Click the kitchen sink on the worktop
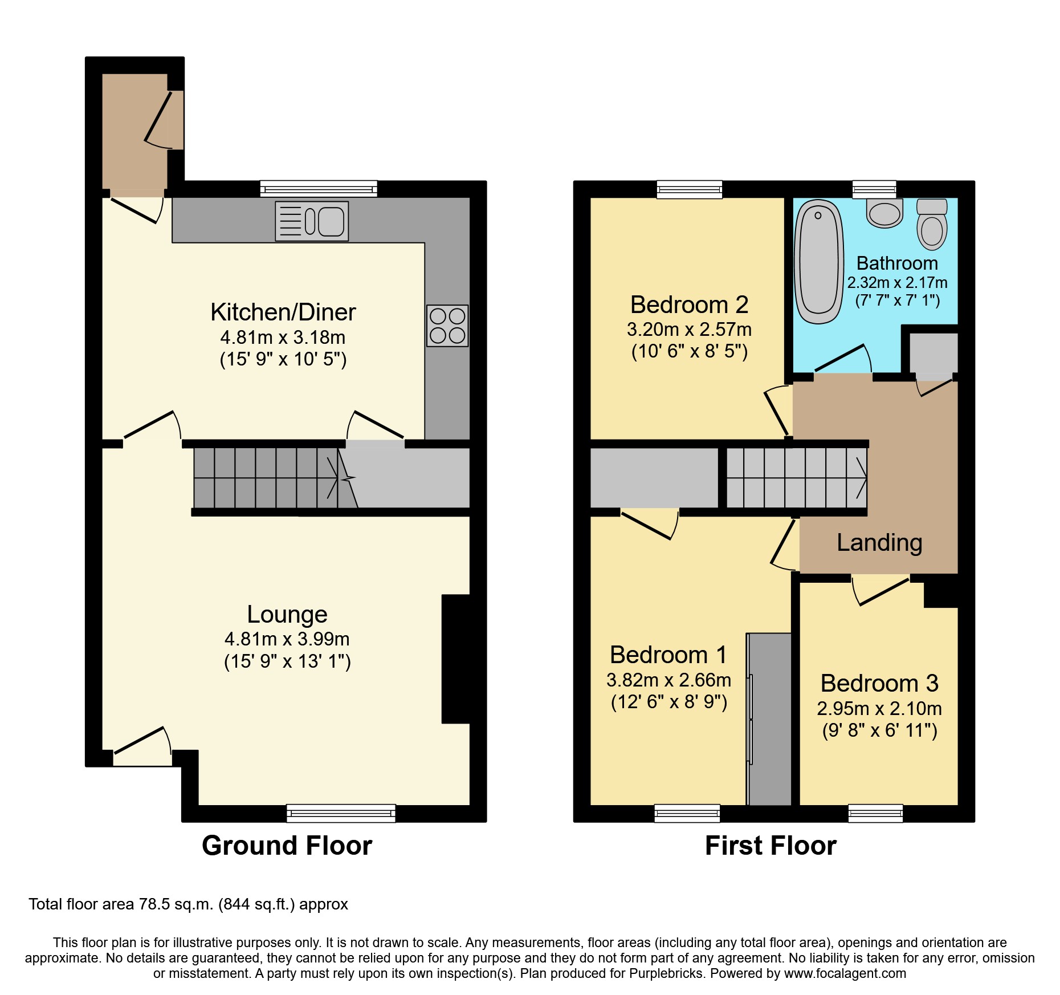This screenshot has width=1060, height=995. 312,221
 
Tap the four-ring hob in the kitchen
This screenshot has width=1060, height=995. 447,326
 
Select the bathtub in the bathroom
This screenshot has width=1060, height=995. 819,262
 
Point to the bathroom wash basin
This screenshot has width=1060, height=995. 885,213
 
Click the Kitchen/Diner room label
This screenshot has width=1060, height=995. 283,312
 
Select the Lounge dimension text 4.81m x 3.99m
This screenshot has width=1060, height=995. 287,639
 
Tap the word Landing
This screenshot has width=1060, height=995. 879,542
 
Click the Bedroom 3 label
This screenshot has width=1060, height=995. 879,683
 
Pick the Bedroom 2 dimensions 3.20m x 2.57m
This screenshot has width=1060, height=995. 689,330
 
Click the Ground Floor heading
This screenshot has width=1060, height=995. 287,845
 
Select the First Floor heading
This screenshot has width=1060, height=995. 770,845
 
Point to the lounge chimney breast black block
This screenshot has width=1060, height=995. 456,659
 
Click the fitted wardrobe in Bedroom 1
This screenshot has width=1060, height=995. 769,719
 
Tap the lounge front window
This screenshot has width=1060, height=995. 341,813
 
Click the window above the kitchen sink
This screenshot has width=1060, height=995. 319,189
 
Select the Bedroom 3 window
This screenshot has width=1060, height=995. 875,813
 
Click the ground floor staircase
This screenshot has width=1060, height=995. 265,478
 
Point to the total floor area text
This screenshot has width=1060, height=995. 188,904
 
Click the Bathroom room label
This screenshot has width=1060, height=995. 897,263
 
